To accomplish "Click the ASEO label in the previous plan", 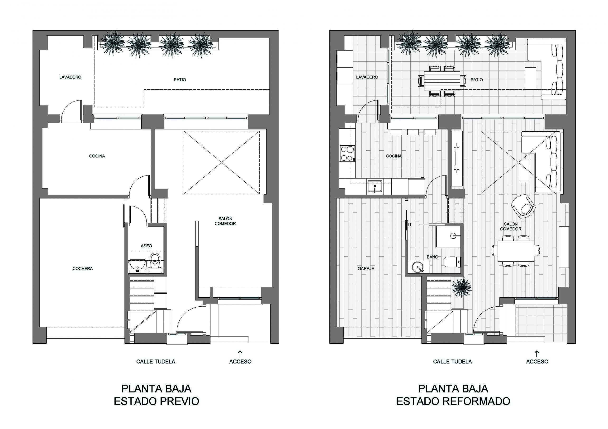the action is click(x=146, y=246).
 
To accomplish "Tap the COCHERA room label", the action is click(x=83, y=268).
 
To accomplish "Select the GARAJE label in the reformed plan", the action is click(x=366, y=268).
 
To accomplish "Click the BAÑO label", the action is click(x=432, y=257).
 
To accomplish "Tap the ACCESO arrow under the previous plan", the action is click(x=240, y=354).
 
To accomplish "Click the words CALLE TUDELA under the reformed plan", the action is click(x=452, y=362).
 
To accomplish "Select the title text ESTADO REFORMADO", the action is click(x=453, y=401).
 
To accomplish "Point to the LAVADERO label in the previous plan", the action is click(x=70, y=77).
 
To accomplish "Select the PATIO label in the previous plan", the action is click(x=180, y=80).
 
